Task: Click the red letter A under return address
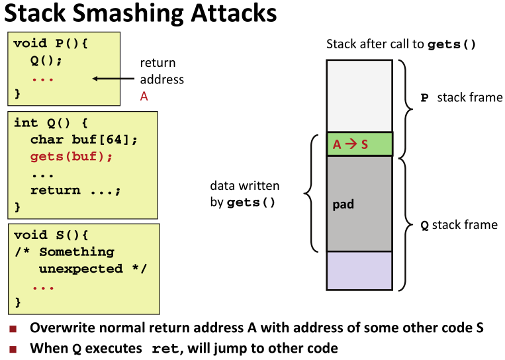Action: coord(144,96)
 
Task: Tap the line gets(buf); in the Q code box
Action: coord(71,157)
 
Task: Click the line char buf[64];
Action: coord(83,140)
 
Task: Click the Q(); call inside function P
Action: coord(43,60)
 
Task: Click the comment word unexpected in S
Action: coord(91,269)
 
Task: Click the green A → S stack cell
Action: coord(359,144)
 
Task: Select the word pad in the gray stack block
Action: coord(343,204)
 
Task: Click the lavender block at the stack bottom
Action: coord(359,271)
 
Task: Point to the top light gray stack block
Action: coord(359,95)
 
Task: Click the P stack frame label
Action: coord(461,98)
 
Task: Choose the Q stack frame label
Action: coord(459,225)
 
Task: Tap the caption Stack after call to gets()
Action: coord(401,45)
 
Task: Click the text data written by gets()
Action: coord(244,195)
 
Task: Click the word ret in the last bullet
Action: coord(165,349)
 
